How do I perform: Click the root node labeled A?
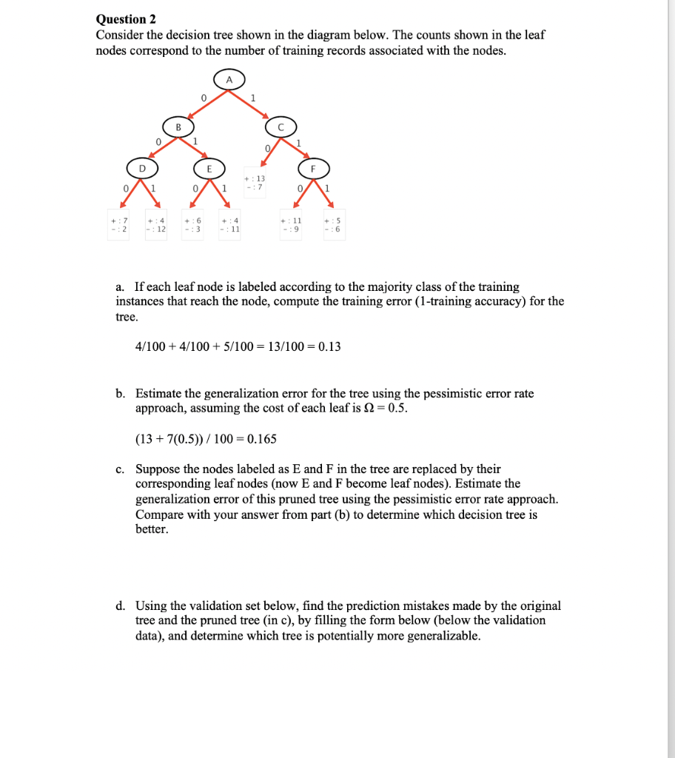click(x=229, y=80)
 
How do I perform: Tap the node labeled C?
click(x=281, y=126)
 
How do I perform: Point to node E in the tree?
click(x=209, y=169)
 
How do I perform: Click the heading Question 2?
click(x=126, y=19)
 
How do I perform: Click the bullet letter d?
click(x=119, y=606)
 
